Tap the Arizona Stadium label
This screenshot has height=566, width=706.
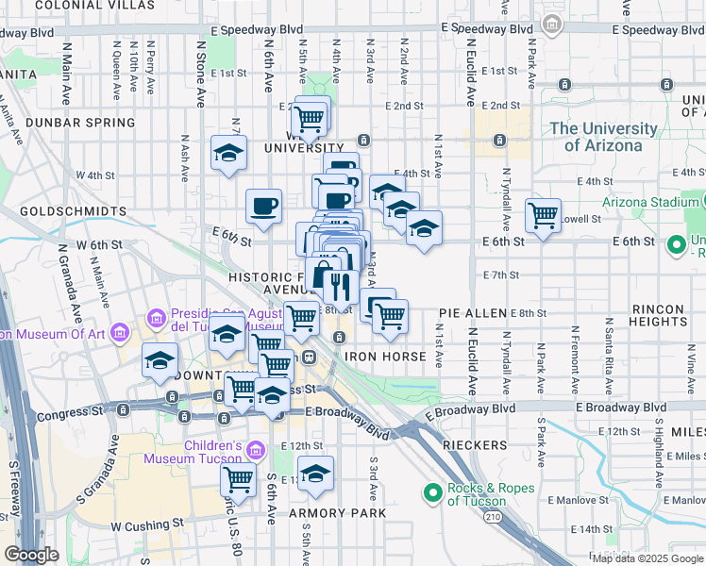[645, 202]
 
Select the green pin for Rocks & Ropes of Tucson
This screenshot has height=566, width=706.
[433, 492]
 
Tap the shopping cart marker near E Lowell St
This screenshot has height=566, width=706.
[544, 216]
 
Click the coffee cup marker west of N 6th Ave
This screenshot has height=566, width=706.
[263, 206]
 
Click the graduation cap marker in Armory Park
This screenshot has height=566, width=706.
[315, 473]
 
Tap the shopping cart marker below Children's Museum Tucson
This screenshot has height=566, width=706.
[238, 478]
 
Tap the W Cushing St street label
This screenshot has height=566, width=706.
[146, 524]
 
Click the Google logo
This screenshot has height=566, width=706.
[31, 555]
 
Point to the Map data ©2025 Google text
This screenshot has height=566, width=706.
[647, 558]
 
